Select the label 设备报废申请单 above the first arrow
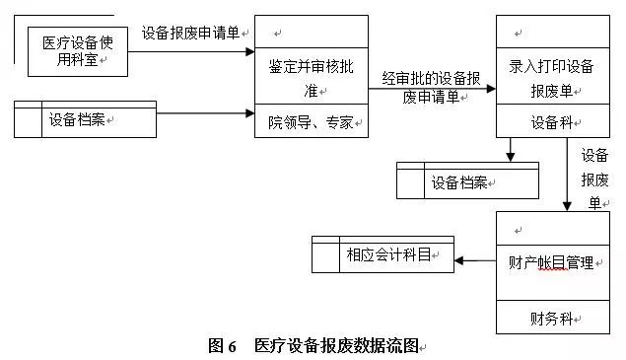tap(190, 32)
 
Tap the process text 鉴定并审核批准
tap(309, 78)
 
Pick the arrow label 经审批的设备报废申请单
tap(432, 86)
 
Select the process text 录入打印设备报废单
tap(551, 78)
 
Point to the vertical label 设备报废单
tap(593, 179)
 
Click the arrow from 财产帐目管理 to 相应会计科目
tap(475, 261)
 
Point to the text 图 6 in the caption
tap(223, 345)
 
